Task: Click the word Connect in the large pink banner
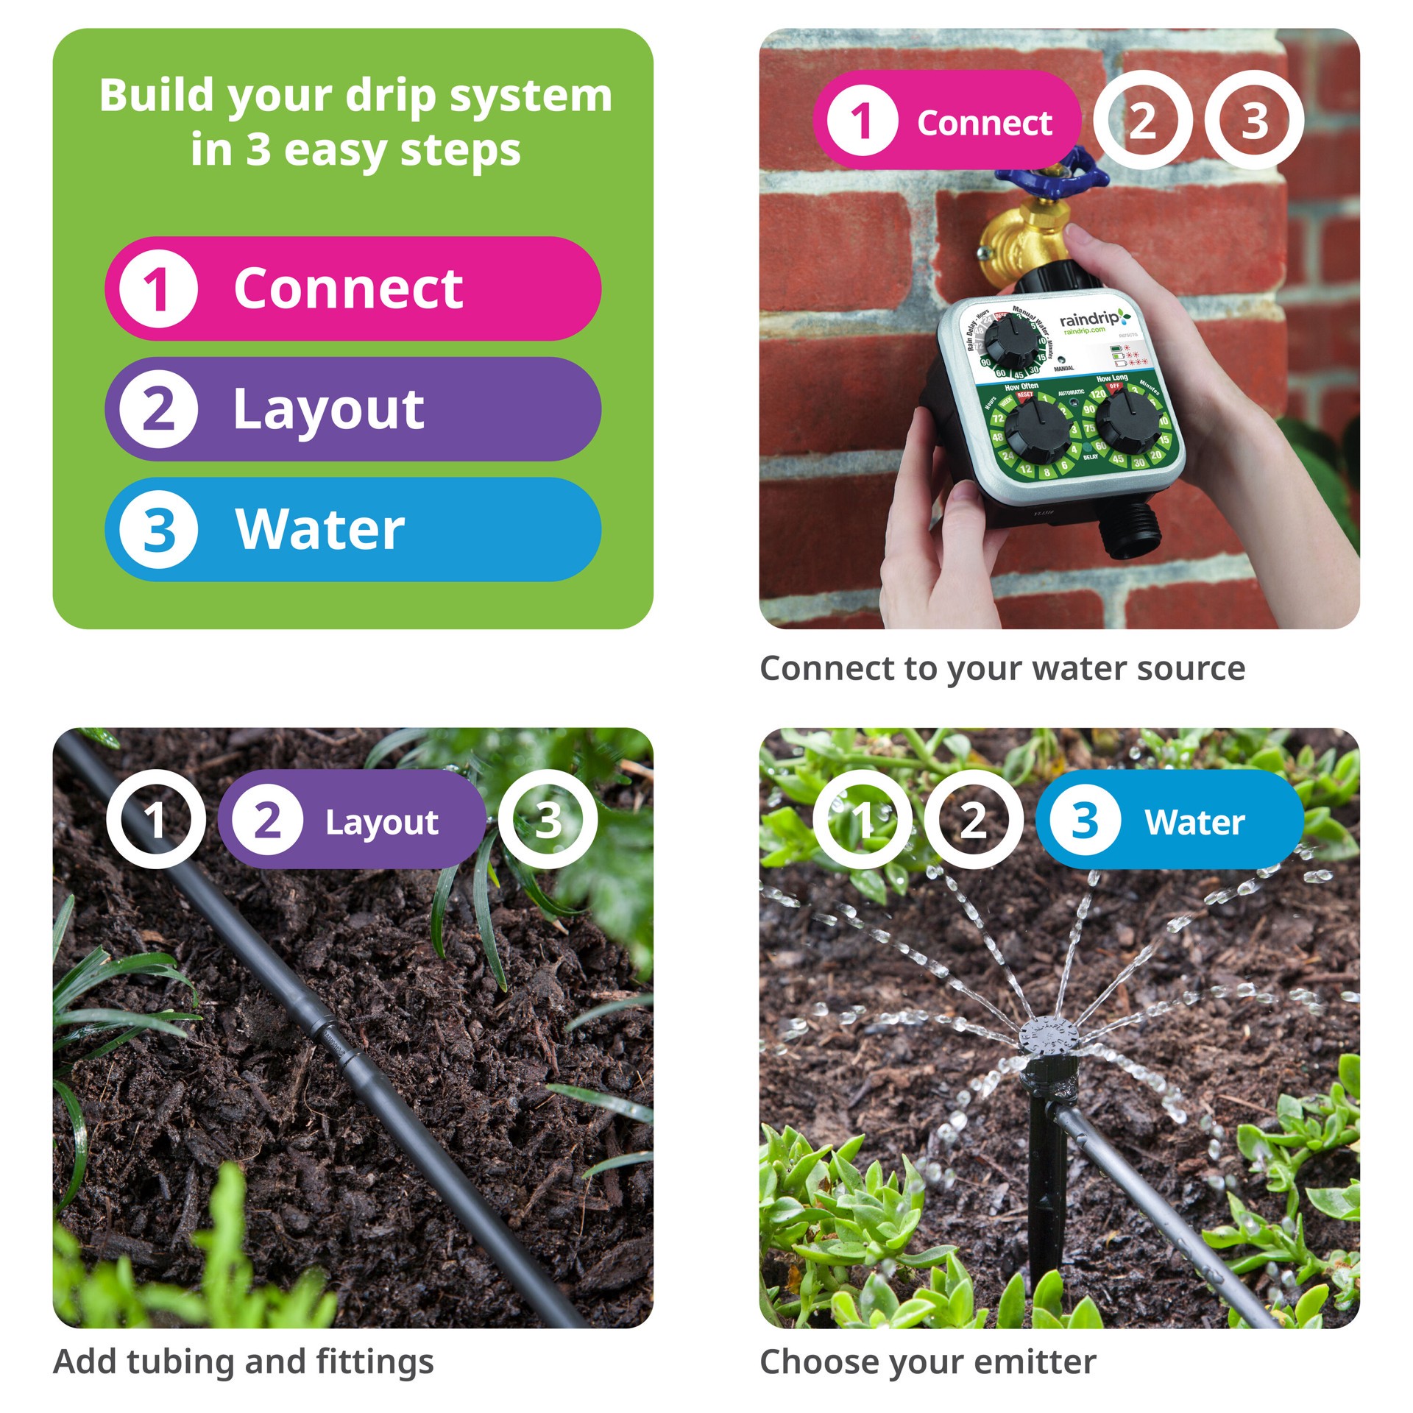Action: point(348,288)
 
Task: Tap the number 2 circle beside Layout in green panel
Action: point(158,409)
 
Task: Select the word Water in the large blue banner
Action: point(320,529)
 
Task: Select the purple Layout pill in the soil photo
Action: point(352,820)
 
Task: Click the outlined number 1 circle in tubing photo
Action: point(155,819)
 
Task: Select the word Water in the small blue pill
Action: point(1194,821)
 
